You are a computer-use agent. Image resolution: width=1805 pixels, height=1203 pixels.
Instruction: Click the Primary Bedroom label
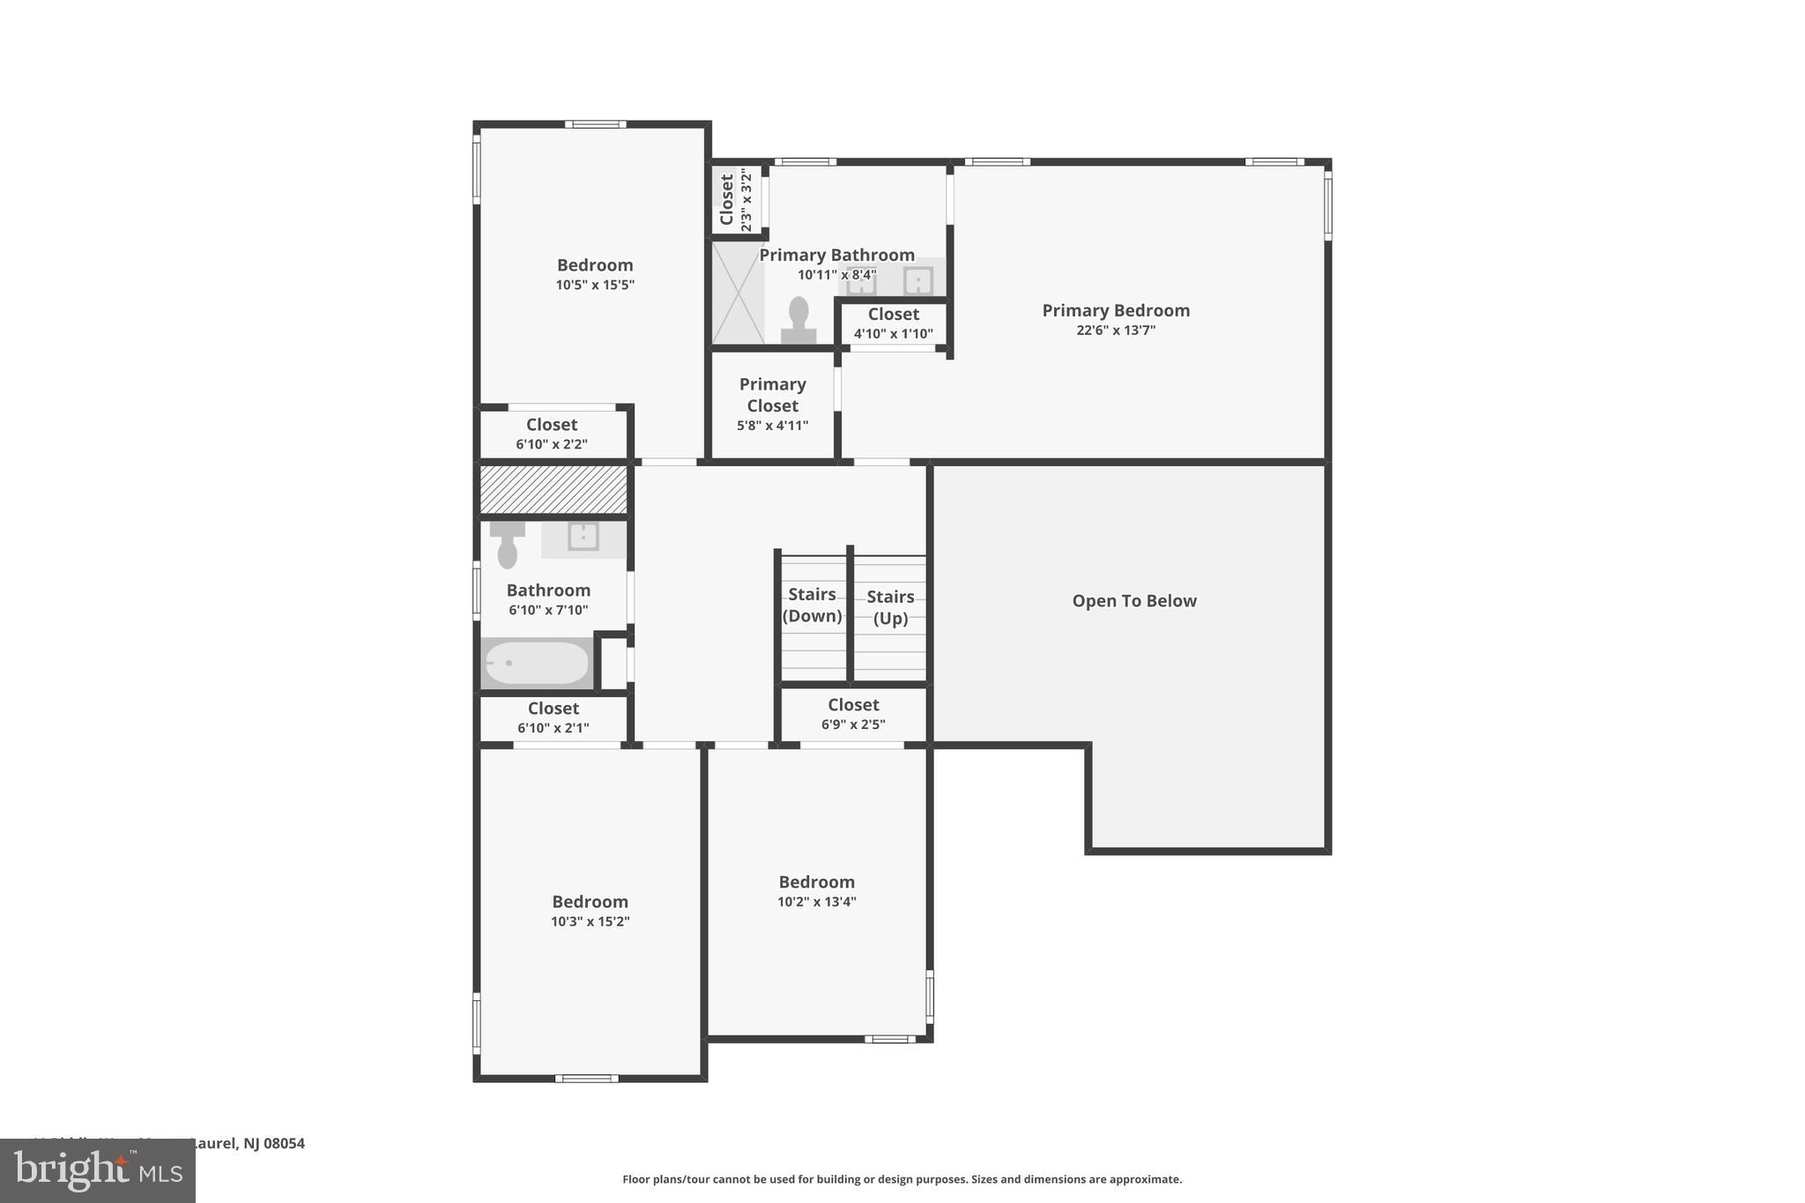(1115, 310)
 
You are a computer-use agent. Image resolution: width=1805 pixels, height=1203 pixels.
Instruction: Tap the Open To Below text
(1133, 601)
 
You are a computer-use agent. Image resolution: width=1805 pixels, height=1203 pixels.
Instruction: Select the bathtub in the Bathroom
(537, 663)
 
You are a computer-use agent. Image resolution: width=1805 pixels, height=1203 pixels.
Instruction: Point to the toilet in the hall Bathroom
(507, 546)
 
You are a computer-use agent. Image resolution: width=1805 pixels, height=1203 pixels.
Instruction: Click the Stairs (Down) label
(812, 605)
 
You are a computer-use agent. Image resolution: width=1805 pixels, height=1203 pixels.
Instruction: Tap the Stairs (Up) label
(890, 607)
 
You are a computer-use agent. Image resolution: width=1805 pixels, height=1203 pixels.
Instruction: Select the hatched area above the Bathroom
(553, 490)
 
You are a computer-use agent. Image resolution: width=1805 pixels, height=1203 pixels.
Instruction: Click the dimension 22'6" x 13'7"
(1115, 330)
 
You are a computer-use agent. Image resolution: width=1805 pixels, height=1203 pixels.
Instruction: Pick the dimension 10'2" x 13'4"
(816, 902)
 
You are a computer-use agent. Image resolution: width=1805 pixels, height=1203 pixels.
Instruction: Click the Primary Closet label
(772, 395)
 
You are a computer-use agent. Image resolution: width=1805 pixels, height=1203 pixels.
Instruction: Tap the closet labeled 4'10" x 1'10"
(893, 323)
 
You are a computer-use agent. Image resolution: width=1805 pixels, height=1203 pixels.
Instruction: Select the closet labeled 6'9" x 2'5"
(853, 714)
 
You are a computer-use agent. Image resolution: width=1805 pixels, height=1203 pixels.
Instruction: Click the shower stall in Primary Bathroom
(738, 293)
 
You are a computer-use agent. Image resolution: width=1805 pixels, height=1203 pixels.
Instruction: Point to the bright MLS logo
(98, 1171)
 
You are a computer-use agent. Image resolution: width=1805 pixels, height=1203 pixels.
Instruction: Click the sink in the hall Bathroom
(583, 537)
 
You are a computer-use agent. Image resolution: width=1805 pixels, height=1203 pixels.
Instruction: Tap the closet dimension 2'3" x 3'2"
(747, 200)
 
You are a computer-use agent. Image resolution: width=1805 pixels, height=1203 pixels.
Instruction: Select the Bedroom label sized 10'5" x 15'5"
(595, 265)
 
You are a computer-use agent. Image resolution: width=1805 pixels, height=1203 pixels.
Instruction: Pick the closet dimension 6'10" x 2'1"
(553, 728)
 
